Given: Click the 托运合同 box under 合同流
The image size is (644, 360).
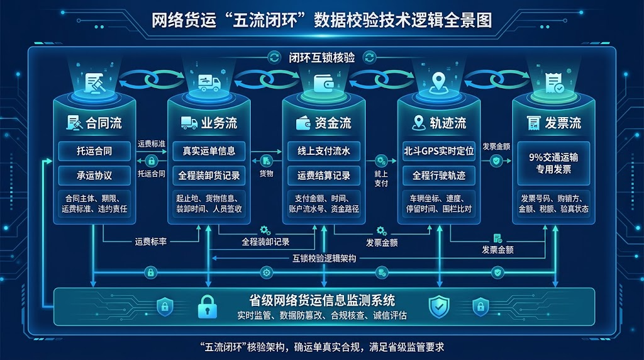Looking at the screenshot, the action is pos(94,151).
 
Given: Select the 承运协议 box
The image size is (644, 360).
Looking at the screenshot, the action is pos(94,176).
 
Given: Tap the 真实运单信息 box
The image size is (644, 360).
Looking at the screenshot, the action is pos(209,151).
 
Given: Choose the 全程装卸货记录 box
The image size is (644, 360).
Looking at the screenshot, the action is pos(209,176).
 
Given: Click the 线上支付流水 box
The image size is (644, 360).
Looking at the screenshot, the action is pos(324,151).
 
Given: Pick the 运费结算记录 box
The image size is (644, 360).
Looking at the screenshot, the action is pos(324,176).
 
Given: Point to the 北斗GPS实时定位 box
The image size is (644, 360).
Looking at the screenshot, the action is pos(438,151).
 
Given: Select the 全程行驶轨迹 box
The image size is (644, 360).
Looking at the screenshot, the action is pos(438,176).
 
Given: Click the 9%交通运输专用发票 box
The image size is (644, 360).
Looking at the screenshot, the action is pos(553,163).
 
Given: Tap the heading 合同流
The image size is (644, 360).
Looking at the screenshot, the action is pos(104,123).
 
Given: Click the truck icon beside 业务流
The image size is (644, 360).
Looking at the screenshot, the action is pos(189,123).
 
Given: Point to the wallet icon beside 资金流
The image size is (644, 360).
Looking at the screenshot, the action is pos(303,123).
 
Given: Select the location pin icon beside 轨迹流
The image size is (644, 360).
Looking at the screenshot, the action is pos(418,123).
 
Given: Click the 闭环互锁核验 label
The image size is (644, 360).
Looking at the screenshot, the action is pos(321,57).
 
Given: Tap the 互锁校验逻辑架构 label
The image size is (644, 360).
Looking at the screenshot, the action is pos(324,259).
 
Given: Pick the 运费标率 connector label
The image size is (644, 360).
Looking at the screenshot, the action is pos(151,242).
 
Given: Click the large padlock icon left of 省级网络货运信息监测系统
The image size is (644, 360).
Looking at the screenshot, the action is pos(208,307).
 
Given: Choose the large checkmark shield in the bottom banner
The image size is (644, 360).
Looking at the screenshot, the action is pos(439,307).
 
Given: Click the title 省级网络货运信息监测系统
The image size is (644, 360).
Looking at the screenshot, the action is pos(322,300).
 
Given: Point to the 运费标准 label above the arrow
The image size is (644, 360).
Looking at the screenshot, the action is pos(152,144).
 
